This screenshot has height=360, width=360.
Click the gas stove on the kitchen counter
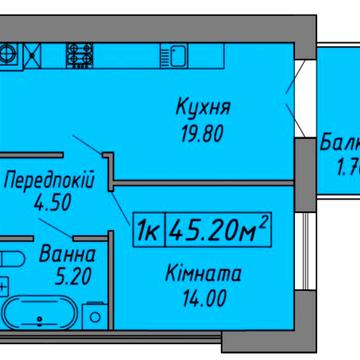pyautogui.click(x=81, y=49)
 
